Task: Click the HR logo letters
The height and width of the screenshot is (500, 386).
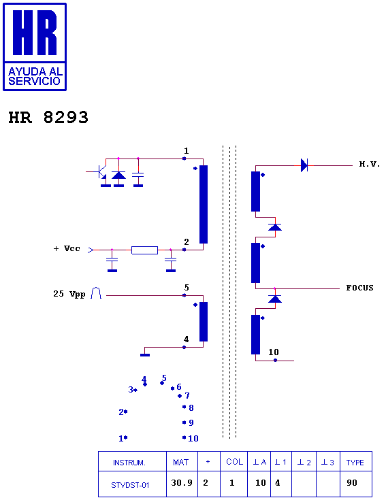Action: click(35, 33)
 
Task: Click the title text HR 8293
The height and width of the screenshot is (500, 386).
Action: click(48, 117)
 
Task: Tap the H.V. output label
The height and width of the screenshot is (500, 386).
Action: click(370, 164)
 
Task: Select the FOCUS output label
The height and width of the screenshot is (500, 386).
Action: click(360, 288)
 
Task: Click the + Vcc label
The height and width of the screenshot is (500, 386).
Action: click(67, 248)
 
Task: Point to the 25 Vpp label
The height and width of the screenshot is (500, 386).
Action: click(69, 294)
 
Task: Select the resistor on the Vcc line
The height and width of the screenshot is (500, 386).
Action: click(144, 250)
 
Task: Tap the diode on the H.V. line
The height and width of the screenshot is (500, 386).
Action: click(304, 165)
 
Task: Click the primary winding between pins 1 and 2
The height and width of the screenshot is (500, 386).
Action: click(204, 204)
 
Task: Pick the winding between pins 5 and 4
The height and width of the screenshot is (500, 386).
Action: click(204, 322)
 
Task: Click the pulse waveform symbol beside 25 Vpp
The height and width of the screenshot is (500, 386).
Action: click(96, 293)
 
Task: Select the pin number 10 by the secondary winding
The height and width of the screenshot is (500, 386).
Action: click(274, 352)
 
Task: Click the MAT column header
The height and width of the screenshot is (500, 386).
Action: click(180, 463)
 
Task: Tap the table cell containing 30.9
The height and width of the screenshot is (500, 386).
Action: click(182, 482)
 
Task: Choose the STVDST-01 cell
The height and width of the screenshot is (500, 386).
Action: click(130, 485)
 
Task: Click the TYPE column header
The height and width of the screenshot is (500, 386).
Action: click(355, 463)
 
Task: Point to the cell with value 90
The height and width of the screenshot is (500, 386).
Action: click(352, 482)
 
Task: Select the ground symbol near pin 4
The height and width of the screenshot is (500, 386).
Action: click(145, 355)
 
